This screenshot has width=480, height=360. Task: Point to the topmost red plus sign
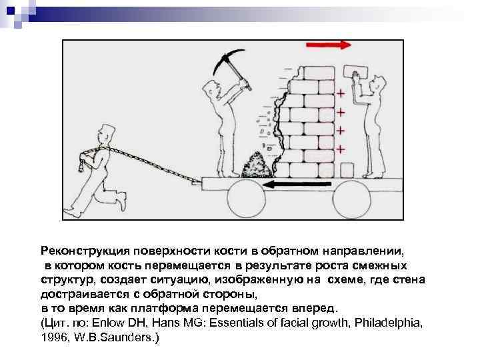(x=341, y=93)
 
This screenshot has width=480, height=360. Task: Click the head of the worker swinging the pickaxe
(x=213, y=86)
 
